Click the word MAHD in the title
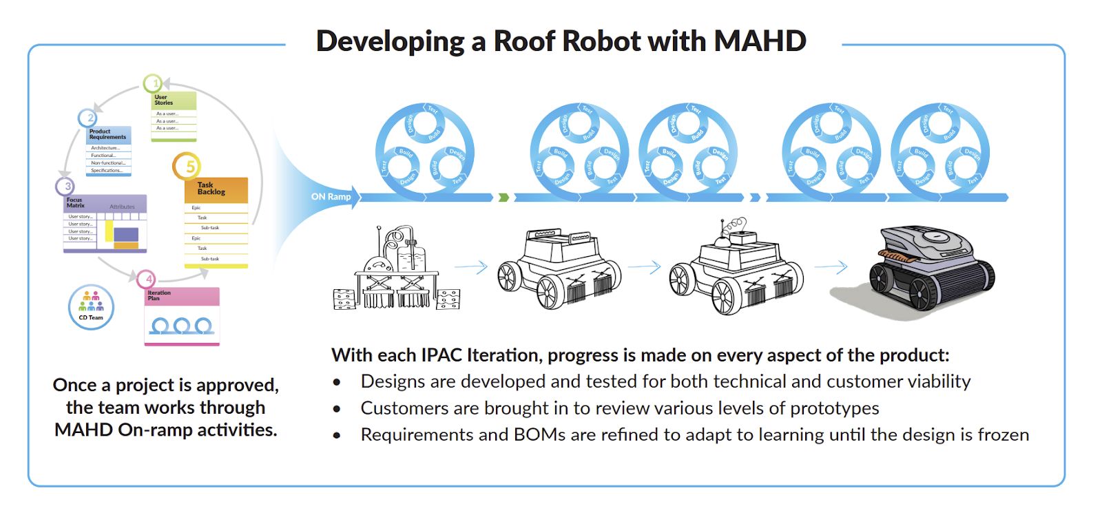[760, 41]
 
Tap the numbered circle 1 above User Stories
[153, 84]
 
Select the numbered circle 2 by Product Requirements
[87, 118]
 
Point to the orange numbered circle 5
[187, 167]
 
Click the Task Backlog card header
[216, 189]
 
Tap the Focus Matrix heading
[76, 203]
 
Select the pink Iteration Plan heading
[159, 295]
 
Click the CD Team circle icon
[91, 306]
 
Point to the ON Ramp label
[331, 197]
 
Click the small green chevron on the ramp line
[503, 198]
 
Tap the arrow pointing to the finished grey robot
[831, 266]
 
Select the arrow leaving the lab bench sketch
[471, 266]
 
